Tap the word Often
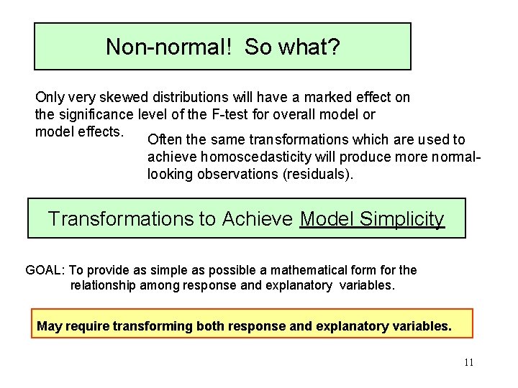tap(164, 140)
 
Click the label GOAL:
tap(45, 270)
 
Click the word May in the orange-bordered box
tap(50, 326)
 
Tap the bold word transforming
tap(151, 326)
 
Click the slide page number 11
tap(468, 363)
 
